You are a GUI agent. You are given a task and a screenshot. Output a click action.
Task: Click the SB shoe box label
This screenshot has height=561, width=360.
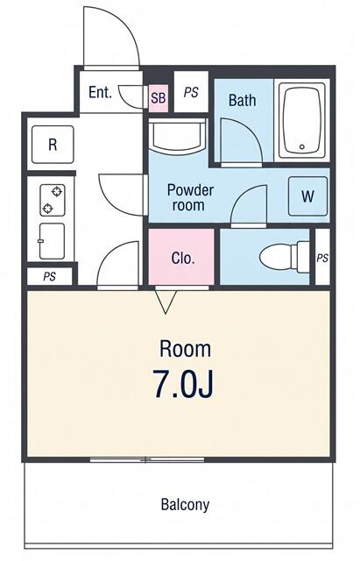click(158, 97)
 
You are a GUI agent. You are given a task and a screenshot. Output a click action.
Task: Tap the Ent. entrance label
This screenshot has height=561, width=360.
click(100, 92)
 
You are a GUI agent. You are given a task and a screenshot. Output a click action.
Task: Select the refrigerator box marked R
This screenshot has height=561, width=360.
click(53, 145)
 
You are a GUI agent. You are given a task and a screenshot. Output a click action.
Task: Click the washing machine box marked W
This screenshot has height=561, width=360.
click(307, 196)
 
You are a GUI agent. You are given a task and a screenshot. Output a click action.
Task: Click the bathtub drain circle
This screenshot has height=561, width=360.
click(302, 146)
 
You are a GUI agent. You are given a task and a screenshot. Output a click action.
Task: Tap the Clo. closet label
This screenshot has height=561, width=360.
click(183, 258)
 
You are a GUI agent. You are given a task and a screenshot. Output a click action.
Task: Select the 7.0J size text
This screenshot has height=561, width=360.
click(183, 385)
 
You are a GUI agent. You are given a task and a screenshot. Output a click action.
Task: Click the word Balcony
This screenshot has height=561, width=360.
click(185, 505)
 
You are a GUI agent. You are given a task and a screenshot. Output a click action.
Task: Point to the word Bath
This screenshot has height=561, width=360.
click(242, 100)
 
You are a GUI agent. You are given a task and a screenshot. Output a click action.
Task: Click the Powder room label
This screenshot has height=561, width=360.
click(190, 197)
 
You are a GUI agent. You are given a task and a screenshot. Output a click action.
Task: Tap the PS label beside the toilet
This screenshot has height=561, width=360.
click(322, 258)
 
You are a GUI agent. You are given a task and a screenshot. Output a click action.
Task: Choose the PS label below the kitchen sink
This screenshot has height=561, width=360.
click(50, 277)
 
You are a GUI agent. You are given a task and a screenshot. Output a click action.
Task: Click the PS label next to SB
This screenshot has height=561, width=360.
click(191, 93)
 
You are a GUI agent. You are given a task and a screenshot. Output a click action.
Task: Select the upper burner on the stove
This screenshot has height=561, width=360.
click(57, 191)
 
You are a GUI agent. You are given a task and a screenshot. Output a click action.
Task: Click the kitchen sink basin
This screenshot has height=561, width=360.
click(53, 241)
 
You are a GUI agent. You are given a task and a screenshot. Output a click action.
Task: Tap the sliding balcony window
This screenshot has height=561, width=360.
click(146, 459)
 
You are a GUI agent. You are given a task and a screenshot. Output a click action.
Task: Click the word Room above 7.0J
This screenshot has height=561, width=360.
click(185, 349)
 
